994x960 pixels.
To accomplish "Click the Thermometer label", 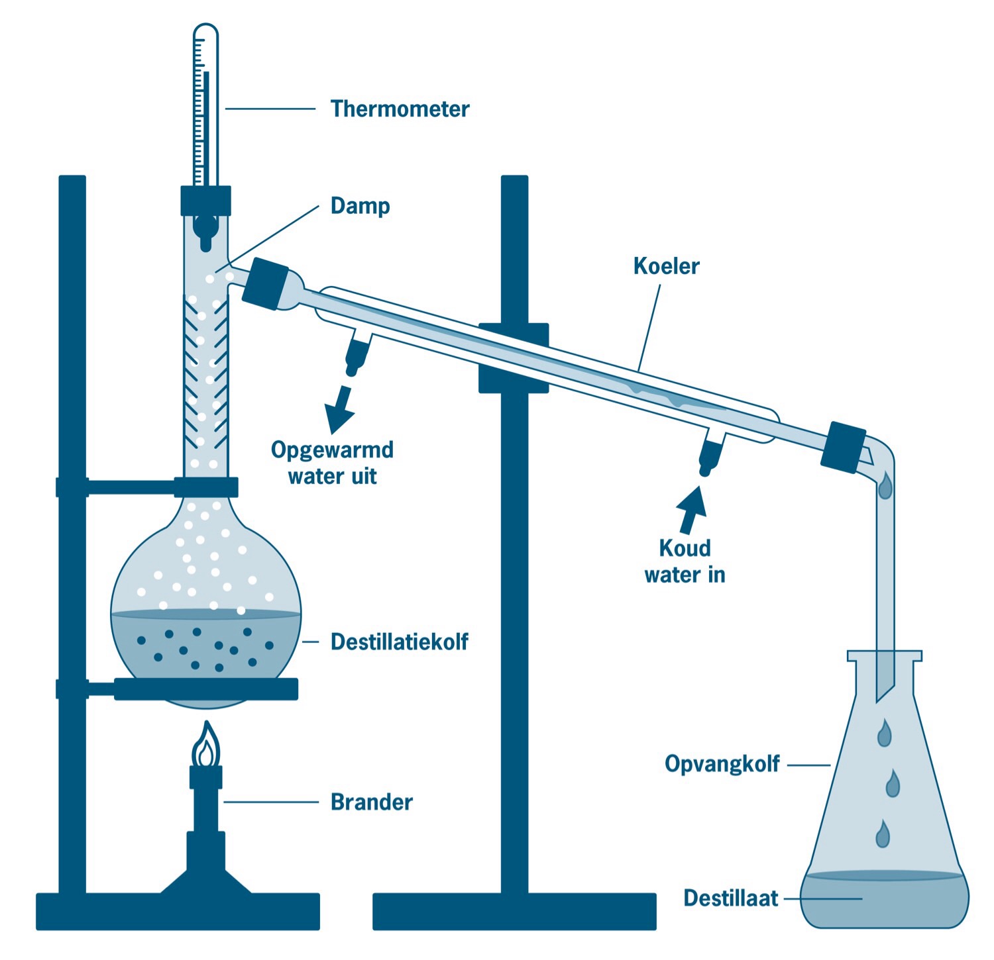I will pyautogui.click(x=400, y=109).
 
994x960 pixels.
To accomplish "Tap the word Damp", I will pyautogui.click(x=360, y=206).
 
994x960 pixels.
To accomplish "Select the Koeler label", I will pyautogui.click(x=666, y=266).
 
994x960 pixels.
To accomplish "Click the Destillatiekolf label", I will pyautogui.click(x=399, y=642).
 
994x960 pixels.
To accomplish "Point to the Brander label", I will pyautogui.click(x=371, y=802).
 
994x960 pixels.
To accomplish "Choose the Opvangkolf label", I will pyautogui.click(x=722, y=764).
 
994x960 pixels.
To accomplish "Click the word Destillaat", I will pyautogui.click(x=730, y=898).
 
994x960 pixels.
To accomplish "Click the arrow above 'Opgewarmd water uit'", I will pyautogui.click(x=341, y=408).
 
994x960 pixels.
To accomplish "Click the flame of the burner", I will pyautogui.click(x=206, y=746).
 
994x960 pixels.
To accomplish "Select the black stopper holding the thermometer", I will pyautogui.click(x=205, y=201).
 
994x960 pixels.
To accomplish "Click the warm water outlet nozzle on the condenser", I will pyautogui.click(x=357, y=355).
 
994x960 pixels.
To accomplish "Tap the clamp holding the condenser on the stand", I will pyautogui.click(x=514, y=358).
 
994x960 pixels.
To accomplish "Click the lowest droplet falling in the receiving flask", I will pyautogui.click(x=883, y=834).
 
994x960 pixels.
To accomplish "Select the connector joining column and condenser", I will pyautogui.click(x=265, y=283).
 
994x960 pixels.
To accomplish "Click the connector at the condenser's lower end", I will pyautogui.click(x=844, y=447).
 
